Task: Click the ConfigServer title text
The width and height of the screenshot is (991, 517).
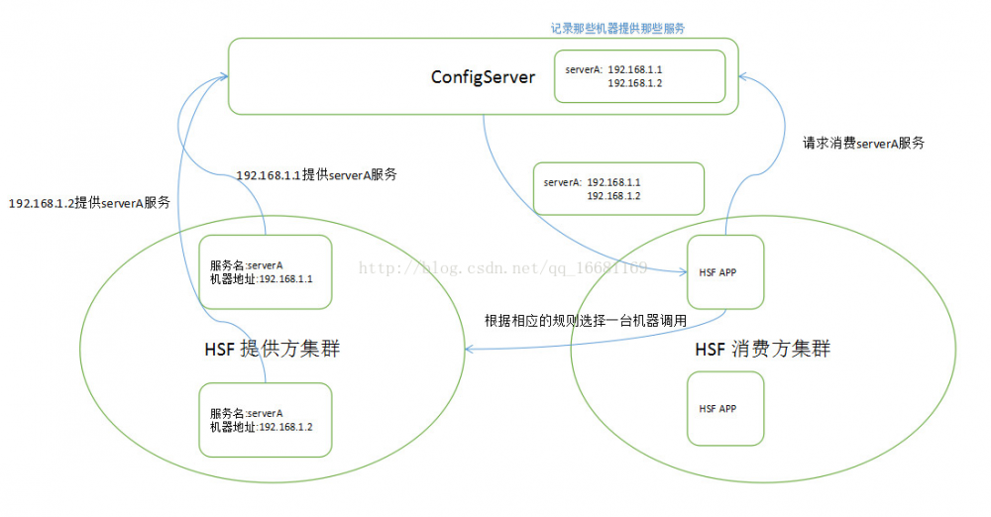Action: [x=483, y=77]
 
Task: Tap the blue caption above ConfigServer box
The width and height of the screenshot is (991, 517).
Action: [x=617, y=29]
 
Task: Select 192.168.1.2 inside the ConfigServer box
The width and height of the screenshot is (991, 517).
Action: [x=634, y=83]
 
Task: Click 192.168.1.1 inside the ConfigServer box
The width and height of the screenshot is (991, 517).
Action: [x=634, y=69]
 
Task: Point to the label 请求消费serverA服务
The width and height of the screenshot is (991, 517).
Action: [x=863, y=143]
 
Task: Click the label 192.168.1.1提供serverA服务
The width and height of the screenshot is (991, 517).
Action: [x=317, y=175]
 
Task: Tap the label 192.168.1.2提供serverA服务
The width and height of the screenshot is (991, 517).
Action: [x=89, y=203]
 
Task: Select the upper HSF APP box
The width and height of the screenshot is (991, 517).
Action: [x=725, y=271]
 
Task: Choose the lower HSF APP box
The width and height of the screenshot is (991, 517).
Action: [x=725, y=408]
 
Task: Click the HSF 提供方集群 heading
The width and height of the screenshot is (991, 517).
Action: [x=273, y=349]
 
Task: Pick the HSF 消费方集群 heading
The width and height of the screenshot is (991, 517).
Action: [x=763, y=349]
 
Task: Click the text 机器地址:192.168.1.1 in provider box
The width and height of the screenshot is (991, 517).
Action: [x=261, y=278]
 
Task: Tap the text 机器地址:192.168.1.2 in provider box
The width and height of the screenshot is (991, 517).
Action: [x=261, y=427]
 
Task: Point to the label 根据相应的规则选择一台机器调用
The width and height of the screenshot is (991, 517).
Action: [x=586, y=321]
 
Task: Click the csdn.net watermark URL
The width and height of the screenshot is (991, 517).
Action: [x=503, y=268]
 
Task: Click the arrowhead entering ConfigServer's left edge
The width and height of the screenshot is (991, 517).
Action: [x=223, y=77]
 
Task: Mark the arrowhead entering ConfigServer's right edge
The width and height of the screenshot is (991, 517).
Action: [x=743, y=77]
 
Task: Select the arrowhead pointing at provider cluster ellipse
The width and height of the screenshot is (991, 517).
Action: [x=470, y=349]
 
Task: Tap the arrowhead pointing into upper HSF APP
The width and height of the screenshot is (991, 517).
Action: [x=682, y=271]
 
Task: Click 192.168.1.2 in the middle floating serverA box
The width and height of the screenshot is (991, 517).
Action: [x=613, y=196]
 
